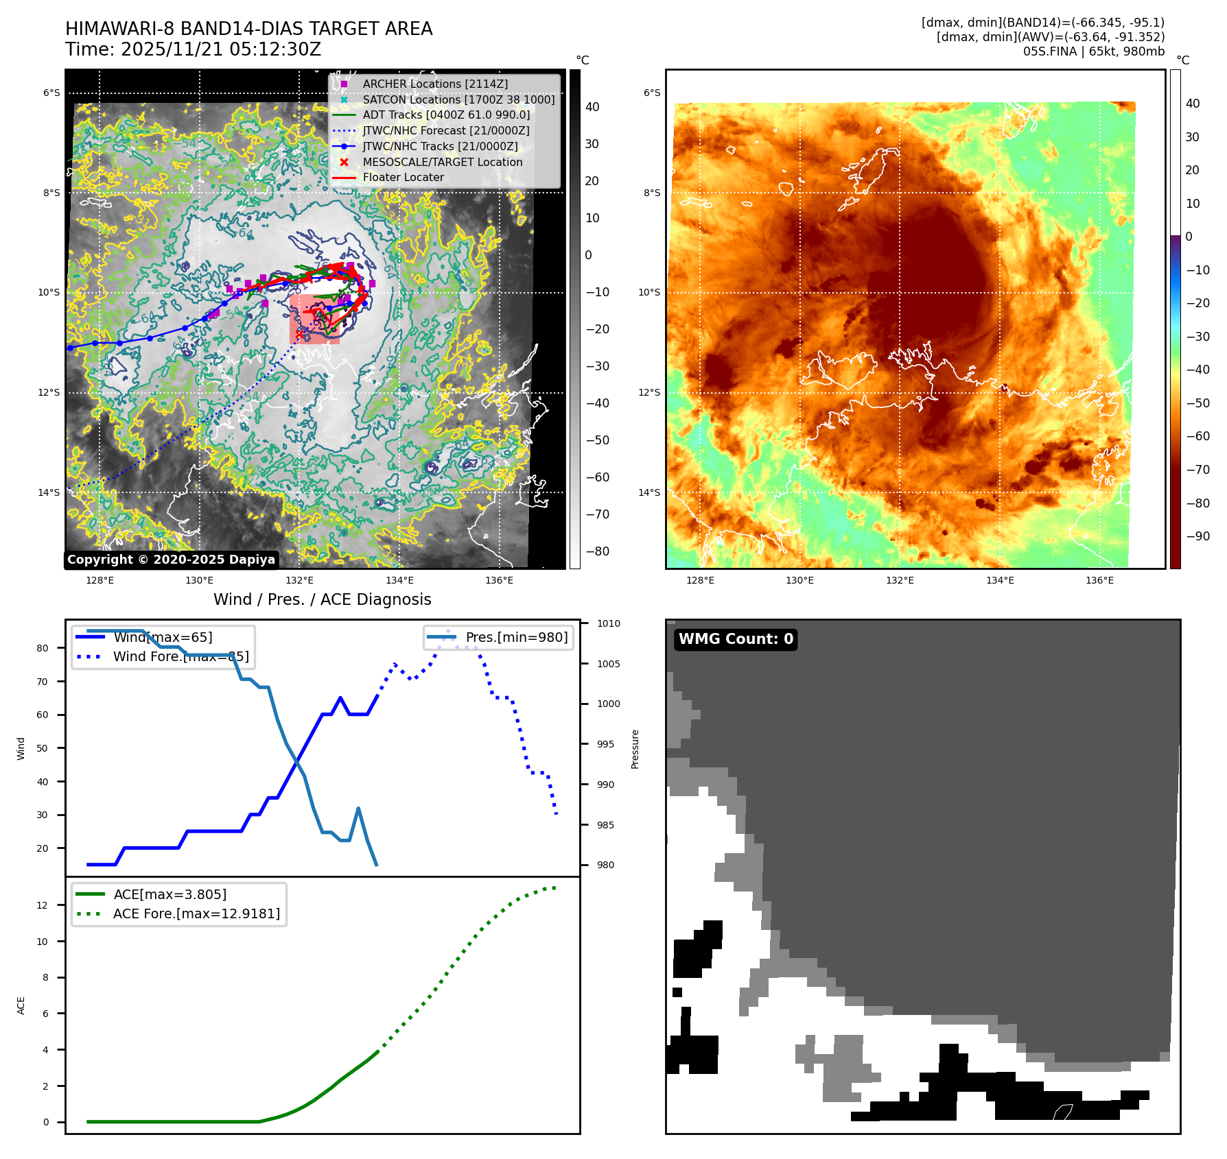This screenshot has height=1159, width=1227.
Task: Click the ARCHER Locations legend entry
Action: pos(435,84)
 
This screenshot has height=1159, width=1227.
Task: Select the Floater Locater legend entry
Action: pos(403,177)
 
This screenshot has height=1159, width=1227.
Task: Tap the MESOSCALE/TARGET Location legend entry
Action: pos(442,162)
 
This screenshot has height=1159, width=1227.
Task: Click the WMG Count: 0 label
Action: pos(736,639)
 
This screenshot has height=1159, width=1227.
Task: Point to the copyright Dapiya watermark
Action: pos(171,560)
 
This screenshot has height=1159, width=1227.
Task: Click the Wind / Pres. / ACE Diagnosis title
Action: pos(322,599)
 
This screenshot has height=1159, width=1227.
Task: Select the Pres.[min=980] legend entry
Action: pos(516,637)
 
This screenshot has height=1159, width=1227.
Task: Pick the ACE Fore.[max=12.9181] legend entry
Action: pos(196,913)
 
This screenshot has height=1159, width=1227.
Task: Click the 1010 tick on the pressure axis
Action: pos(608,623)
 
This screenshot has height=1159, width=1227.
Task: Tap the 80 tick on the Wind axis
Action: pos(43,648)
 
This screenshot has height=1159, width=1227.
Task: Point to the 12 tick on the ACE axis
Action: pos(43,905)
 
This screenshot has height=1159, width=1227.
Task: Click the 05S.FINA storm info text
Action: pos(1093,51)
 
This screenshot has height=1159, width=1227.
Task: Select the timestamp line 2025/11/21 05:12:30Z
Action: pos(193,49)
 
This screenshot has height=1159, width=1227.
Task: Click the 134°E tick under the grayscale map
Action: pos(399,580)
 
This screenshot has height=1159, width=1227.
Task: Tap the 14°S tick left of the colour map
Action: pos(649,492)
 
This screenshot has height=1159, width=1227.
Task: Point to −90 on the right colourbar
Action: pos(1197,536)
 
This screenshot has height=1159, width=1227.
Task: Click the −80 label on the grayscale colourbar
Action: pos(597,551)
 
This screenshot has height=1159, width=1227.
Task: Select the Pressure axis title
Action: pos(635,749)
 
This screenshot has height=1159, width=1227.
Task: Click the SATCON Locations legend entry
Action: pos(458,99)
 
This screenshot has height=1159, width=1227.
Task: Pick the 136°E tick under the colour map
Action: pos(1099,580)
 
